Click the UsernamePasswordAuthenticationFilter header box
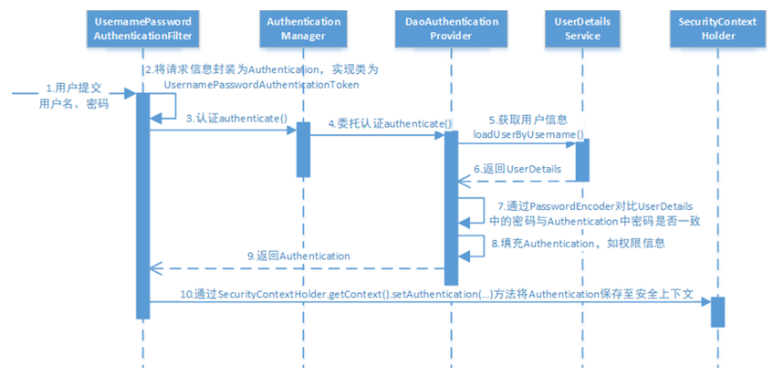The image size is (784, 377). click(143, 28)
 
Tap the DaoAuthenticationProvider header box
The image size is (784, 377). click(450, 28)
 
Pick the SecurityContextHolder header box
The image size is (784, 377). click(717, 28)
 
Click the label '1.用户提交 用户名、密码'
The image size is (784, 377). click(75, 96)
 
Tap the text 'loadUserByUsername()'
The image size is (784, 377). click(528, 134)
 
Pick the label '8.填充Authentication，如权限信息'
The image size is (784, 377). click(579, 244)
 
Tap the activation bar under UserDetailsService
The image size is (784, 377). click(581, 160)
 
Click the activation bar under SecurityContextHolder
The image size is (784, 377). click(717, 311)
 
